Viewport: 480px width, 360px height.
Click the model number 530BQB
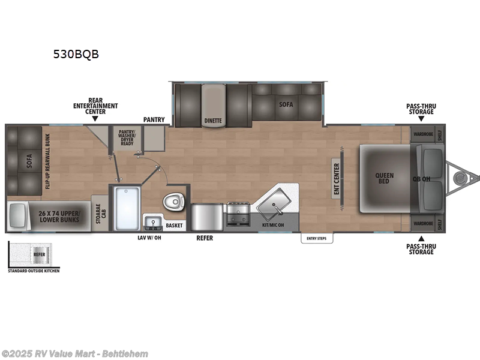tap(76, 54)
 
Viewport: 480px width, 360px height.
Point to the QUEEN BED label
tap(385, 179)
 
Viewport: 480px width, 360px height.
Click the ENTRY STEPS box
tap(317, 239)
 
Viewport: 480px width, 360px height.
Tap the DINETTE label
tap(213, 120)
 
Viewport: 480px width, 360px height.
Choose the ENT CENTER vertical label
tap(337, 179)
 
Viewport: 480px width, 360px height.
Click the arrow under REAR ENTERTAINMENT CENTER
tap(95, 119)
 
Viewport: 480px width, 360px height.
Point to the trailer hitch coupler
tap(461, 178)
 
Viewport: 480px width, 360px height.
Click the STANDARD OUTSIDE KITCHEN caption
tap(34, 271)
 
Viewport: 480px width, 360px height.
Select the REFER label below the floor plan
tap(205, 238)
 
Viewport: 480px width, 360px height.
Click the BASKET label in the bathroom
tap(175, 226)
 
